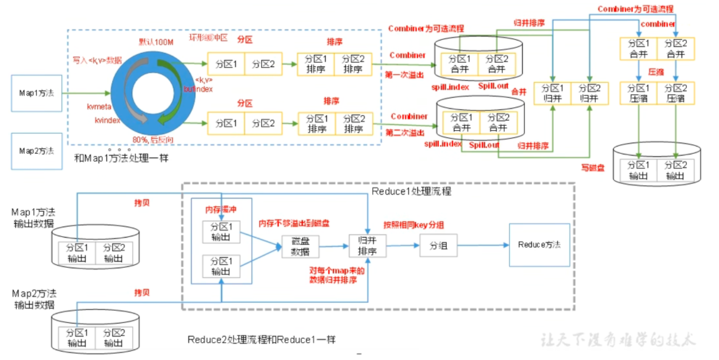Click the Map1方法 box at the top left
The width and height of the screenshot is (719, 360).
point(36,93)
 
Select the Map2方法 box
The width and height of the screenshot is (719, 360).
point(36,151)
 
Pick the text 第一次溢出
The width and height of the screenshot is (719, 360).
point(405,74)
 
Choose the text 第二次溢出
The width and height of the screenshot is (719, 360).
point(405,132)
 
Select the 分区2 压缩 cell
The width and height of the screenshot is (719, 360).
point(677,93)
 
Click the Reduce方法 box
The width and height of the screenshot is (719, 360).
point(539,245)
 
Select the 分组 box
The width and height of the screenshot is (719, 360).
point(438,246)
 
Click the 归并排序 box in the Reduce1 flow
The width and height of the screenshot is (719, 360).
point(368,246)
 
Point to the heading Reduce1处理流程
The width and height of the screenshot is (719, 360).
point(411,191)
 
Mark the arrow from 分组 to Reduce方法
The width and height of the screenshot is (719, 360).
point(483,246)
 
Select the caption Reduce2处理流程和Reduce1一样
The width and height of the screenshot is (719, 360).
point(262,340)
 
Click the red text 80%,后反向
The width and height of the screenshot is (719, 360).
point(153,140)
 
